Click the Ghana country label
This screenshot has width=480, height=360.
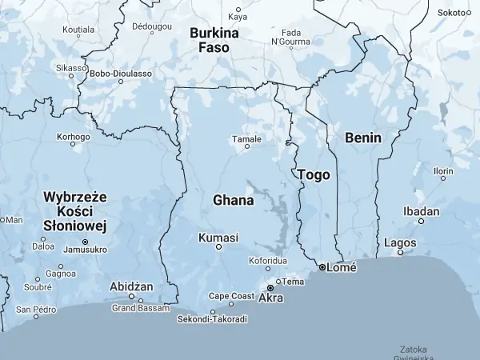[234, 200]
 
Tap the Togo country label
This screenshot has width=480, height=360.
[313, 174]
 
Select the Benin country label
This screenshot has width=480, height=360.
[363, 138]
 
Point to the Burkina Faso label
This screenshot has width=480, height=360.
[214, 40]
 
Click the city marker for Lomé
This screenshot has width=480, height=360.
[322, 267]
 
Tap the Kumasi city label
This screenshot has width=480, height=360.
[218, 238]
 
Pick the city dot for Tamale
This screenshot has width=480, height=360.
[247, 146]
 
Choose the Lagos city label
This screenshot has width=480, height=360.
[400, 242]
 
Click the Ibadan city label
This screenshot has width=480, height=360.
[422, 211]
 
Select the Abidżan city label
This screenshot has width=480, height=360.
[132, 286]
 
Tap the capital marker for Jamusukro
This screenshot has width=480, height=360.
[85, 242]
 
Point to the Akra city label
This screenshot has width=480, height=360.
[271, 298]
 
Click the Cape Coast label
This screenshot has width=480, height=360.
[231, 295]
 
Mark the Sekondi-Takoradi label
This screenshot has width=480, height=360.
[212, 319]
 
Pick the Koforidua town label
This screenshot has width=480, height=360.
[268, 261]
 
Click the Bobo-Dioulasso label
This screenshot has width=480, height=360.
[122, 74]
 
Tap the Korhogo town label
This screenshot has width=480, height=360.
[74, 137]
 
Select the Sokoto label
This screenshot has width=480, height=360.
[452, 13]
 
